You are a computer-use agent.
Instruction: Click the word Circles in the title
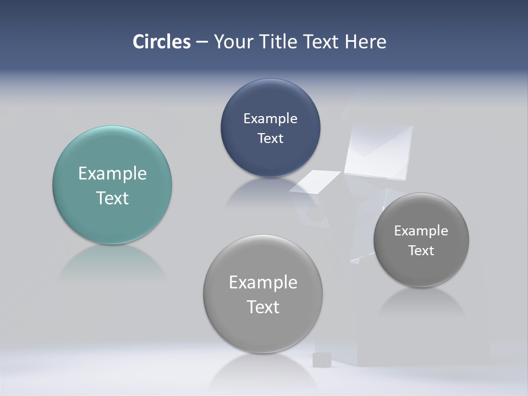click(162, 42)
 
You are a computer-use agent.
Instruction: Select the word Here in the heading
click(366, 42)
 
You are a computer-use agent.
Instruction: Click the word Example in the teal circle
click(112, 173)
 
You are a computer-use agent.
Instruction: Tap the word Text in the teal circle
click(112, 198)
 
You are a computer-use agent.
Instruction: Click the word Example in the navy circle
click(270, 118)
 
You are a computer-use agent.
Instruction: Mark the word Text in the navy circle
click(270, 138)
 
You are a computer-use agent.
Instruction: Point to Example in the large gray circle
click(263, 282)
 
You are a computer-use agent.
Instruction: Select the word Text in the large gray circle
click(263, 307)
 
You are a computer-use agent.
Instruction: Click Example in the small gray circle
click(421, 230)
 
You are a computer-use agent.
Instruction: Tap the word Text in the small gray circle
click(421, 250)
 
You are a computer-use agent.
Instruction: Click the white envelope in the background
click(379, 151)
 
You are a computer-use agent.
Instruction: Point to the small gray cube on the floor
click(321, 360)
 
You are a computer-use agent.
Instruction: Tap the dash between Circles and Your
click(202, 42)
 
